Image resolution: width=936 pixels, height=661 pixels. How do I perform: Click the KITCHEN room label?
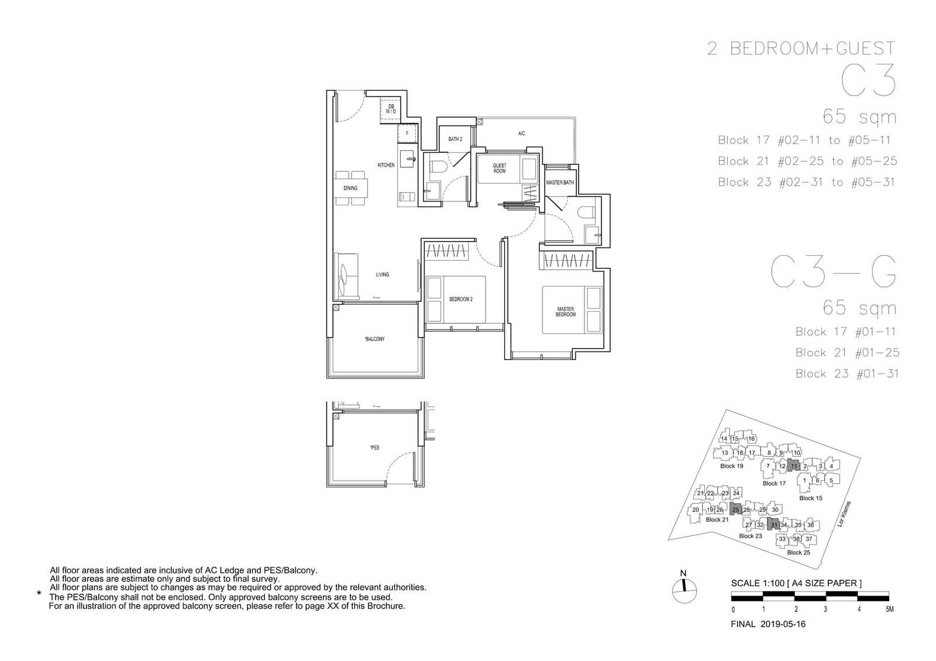coord(386,165)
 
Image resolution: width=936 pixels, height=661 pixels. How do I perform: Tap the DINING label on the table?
coord(350,188)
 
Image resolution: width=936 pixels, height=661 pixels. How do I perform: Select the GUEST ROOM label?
coord(500,168)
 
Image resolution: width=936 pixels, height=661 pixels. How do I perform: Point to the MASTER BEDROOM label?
coord(565,312)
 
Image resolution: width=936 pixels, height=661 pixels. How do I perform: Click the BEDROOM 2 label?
coord(461,299)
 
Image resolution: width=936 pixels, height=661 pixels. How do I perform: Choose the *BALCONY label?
coord(374,339)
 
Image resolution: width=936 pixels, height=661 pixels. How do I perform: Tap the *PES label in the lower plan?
coord(375,447)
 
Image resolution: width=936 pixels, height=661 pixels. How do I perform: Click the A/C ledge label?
coord(521,133)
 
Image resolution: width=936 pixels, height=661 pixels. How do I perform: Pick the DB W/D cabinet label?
coord(391,109)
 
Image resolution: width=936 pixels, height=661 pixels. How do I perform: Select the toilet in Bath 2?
coord(436,167)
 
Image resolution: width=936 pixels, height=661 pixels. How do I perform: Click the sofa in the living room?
coord(346,276)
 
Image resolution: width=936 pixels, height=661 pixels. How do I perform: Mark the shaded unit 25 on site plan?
coord(735,509)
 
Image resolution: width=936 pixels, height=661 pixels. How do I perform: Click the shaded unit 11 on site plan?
coord(793,465)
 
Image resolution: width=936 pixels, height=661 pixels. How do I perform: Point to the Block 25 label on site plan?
coord(799,552)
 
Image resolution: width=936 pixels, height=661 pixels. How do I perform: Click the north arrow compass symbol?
coord(684,590)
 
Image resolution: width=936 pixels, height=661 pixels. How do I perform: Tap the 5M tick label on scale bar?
coord(890,609)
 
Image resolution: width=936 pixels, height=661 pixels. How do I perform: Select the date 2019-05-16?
coord(783,624)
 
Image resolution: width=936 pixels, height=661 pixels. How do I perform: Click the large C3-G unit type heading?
coord(834,273)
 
